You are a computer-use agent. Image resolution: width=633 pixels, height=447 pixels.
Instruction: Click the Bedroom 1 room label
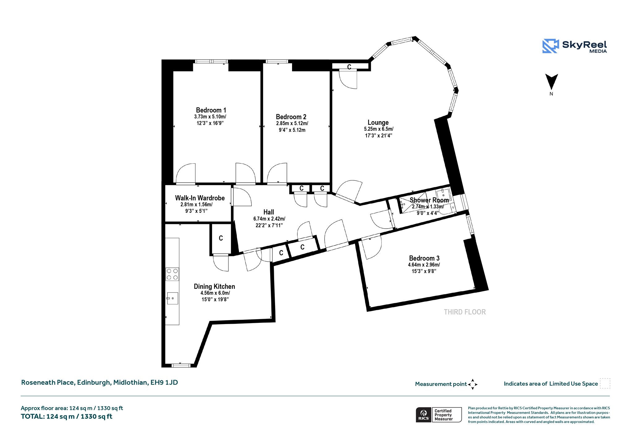point(211,110)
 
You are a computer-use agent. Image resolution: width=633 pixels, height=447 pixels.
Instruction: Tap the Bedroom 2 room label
point(291,117)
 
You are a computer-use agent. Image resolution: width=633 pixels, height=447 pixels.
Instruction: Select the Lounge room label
point(378,122)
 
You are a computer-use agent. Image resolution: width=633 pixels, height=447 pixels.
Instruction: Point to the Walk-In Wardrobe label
point(200,198)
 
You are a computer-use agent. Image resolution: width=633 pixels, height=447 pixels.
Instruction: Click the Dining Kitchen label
point(215,286)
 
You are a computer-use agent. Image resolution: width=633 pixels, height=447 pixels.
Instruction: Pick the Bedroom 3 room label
point(424,258)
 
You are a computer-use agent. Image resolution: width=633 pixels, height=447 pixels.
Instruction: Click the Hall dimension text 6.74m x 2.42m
point(269,219)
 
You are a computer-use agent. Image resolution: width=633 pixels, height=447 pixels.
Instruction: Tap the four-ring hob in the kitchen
point(172,274)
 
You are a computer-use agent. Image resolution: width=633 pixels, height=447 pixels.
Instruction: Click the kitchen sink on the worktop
point(172,298)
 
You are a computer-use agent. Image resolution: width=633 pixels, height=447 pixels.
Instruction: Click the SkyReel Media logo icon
point(550,46)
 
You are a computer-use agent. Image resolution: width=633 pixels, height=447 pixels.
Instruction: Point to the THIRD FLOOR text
point(465,312)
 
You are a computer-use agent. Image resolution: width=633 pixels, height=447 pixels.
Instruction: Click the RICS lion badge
point(423,415)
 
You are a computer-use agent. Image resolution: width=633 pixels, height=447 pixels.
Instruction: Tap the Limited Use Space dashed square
point(605,383)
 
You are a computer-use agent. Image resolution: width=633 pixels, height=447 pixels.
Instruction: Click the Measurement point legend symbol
point(473,384)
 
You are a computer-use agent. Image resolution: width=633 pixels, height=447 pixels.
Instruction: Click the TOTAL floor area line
point(66,416)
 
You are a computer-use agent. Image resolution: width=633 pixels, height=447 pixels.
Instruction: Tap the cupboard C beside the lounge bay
point(349,67)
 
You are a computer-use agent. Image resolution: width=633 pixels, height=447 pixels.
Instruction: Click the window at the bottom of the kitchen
point(181,365)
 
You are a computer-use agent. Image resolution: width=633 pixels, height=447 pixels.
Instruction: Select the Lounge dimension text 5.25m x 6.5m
point(379,129)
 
